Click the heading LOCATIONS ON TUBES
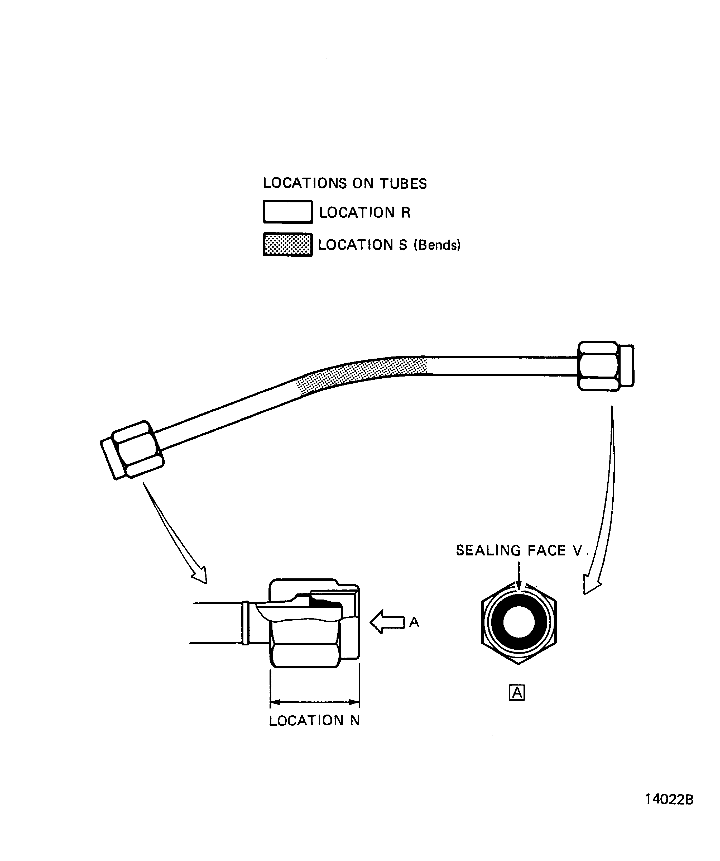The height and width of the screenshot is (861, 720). click(x=345, y=183)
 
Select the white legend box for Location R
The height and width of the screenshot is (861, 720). click(x=288, y=212)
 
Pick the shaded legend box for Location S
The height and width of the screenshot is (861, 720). click(x=288, y=245)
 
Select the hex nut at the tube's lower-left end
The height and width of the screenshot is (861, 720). click(x=132, y=450)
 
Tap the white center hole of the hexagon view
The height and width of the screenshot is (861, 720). click(x=519, y=622)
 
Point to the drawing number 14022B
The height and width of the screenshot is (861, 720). click(x=669, y=811)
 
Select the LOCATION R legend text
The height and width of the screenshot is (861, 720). click(x=364, y=212)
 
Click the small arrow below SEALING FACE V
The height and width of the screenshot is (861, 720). click(x=519, y=576)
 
